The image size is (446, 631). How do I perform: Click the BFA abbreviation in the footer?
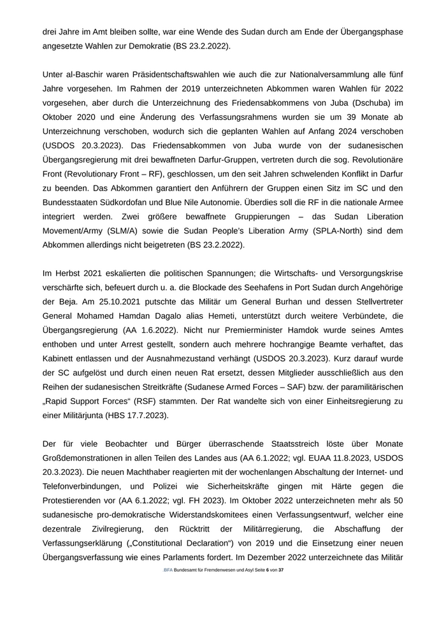tap(168, 569)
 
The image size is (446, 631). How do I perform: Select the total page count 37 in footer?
tap(280, 569)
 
